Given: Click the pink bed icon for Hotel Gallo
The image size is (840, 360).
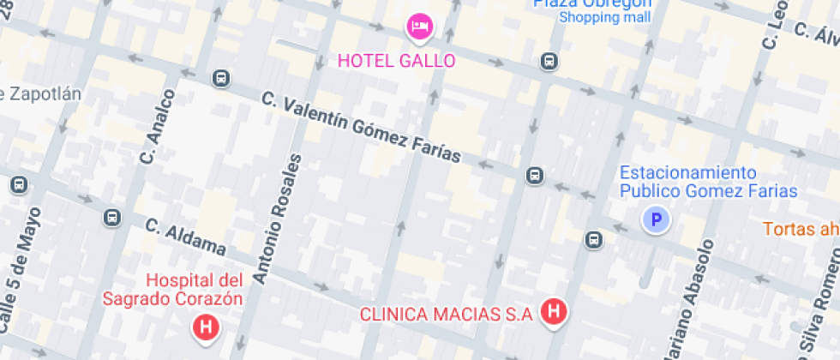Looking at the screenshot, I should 419,27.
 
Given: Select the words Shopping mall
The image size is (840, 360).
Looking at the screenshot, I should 605,16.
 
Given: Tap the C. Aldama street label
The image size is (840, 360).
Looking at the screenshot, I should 185,237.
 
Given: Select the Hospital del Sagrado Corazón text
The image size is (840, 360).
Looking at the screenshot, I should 172,290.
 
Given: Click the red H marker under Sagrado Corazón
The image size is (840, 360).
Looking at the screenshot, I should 205,326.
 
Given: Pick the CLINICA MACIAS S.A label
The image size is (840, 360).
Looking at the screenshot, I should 447,314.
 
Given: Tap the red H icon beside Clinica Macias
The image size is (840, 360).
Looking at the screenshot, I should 555,313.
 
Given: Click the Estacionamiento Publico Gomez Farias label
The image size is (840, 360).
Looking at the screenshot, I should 708,182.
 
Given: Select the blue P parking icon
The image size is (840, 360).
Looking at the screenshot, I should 657,220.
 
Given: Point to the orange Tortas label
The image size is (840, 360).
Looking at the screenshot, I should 801,228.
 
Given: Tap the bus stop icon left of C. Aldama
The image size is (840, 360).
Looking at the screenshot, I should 112,218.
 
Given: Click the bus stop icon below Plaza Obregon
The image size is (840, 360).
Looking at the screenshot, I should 549,62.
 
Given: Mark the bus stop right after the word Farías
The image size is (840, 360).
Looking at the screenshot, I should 535,176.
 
